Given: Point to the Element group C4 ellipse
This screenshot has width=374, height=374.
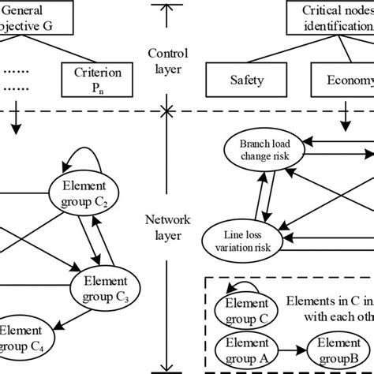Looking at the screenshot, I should point(19,335).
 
